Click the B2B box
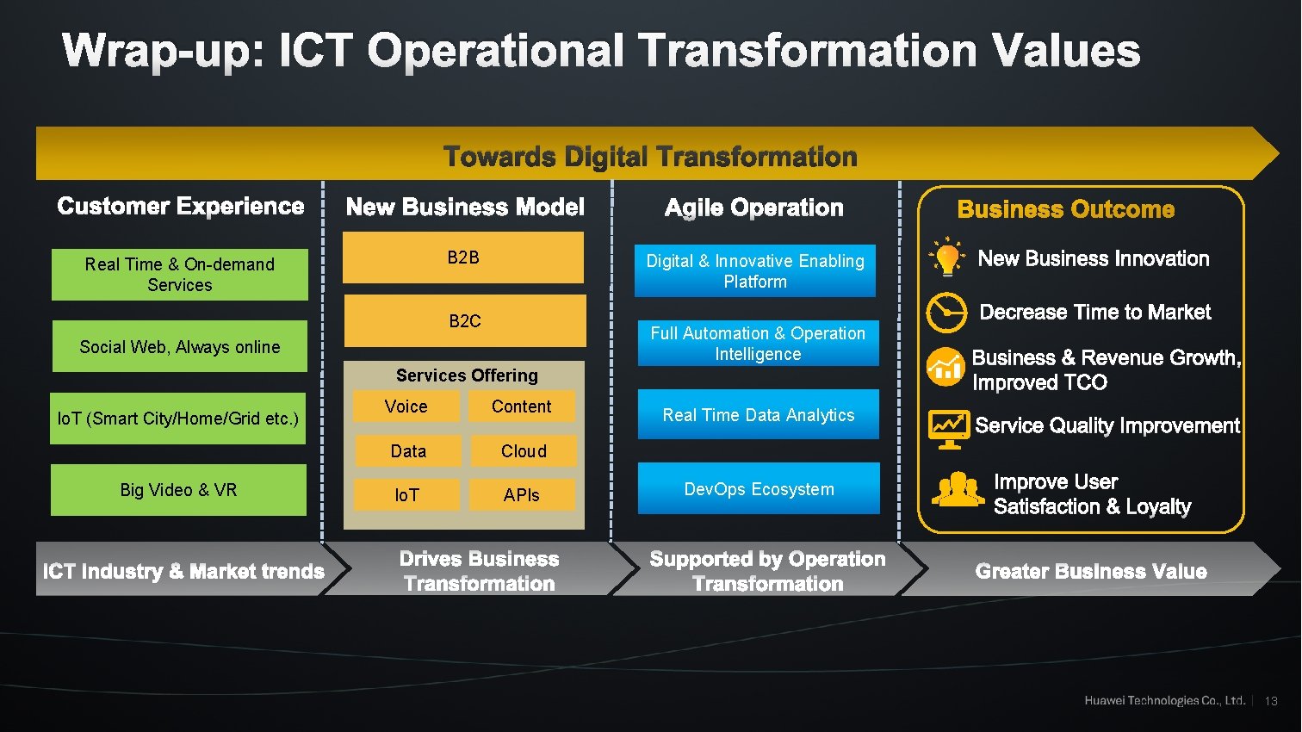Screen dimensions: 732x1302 [x=463, y=257]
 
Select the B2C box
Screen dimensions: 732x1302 [x=465, y=320]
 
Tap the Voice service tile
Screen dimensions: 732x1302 [x=406, y=406]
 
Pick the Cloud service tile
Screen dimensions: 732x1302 [x=524, y=451]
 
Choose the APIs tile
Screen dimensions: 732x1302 [x=522, y=495]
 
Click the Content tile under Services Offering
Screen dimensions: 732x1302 [x=521, y=406]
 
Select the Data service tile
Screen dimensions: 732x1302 [x=408, y=451]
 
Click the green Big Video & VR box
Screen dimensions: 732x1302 [x=178, y=490]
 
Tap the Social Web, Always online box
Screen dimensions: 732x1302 [x=180, y=347]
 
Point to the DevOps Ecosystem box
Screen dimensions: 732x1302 [x=759, y=489]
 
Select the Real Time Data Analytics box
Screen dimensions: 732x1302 [x=758, y=415]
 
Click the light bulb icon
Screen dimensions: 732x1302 [x=947, y=257]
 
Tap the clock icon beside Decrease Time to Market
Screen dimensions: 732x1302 [x=945, y=313]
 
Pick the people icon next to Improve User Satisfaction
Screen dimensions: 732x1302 [x=958, y=490]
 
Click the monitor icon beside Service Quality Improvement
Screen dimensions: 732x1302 [x=949, y=428]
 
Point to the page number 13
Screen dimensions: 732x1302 [x=1271, y=701]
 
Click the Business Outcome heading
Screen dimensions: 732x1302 [x=1065, y=209]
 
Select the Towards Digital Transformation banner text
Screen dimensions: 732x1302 [x=650, y=157]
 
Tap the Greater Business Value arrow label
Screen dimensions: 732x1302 [x=1090, y=571]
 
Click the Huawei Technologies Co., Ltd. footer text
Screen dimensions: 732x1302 [x=1164, y=701]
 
